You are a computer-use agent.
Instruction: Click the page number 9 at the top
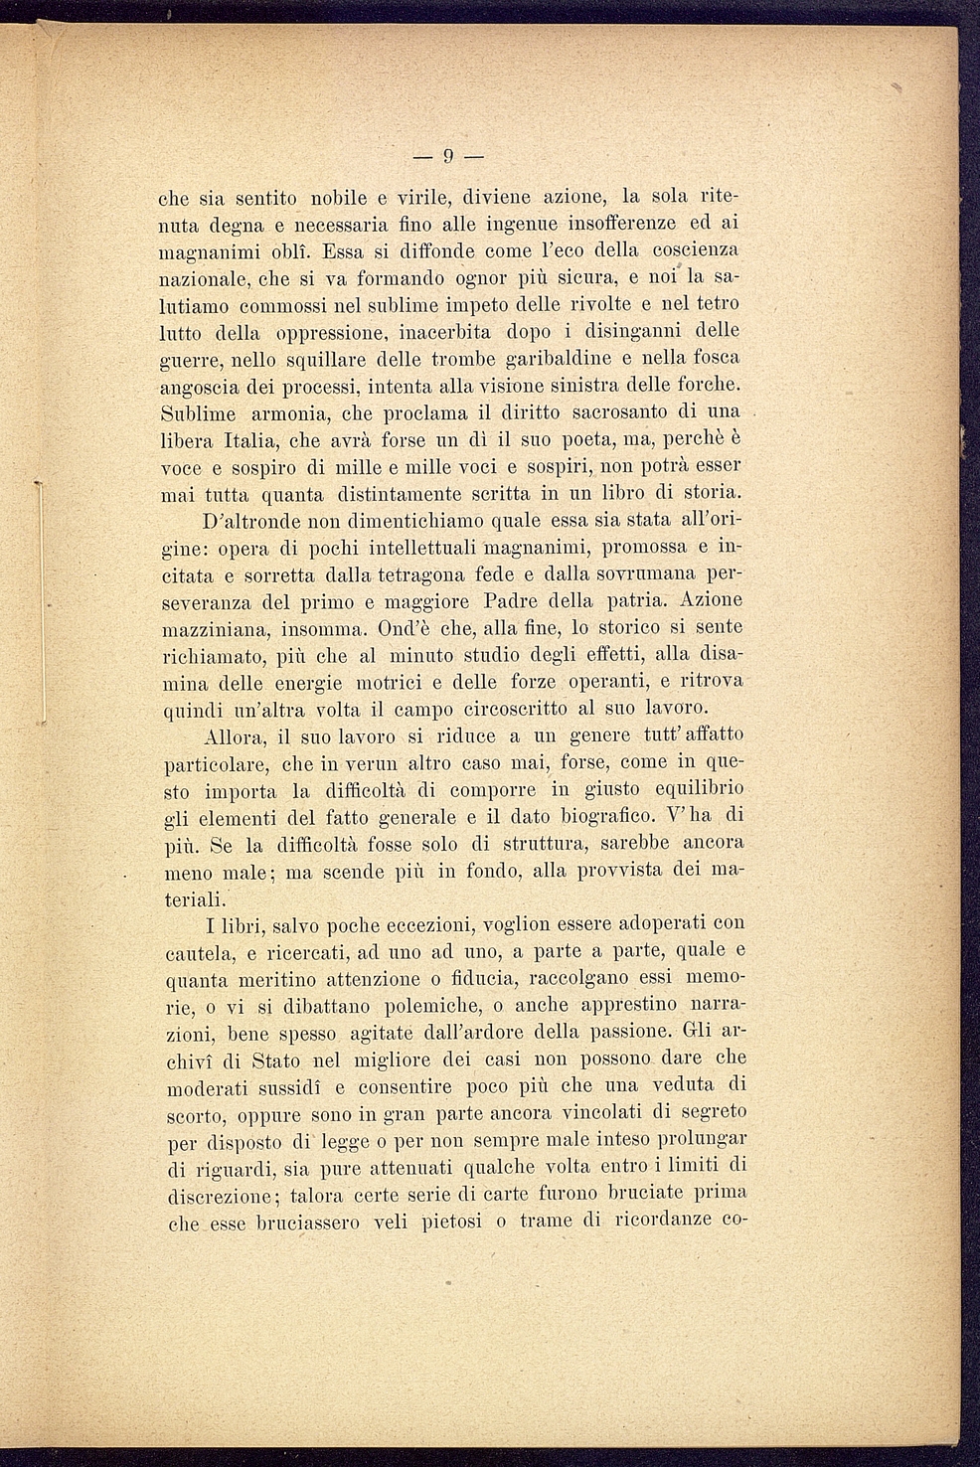[448, 156]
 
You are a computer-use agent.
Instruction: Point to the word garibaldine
[562, 358]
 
